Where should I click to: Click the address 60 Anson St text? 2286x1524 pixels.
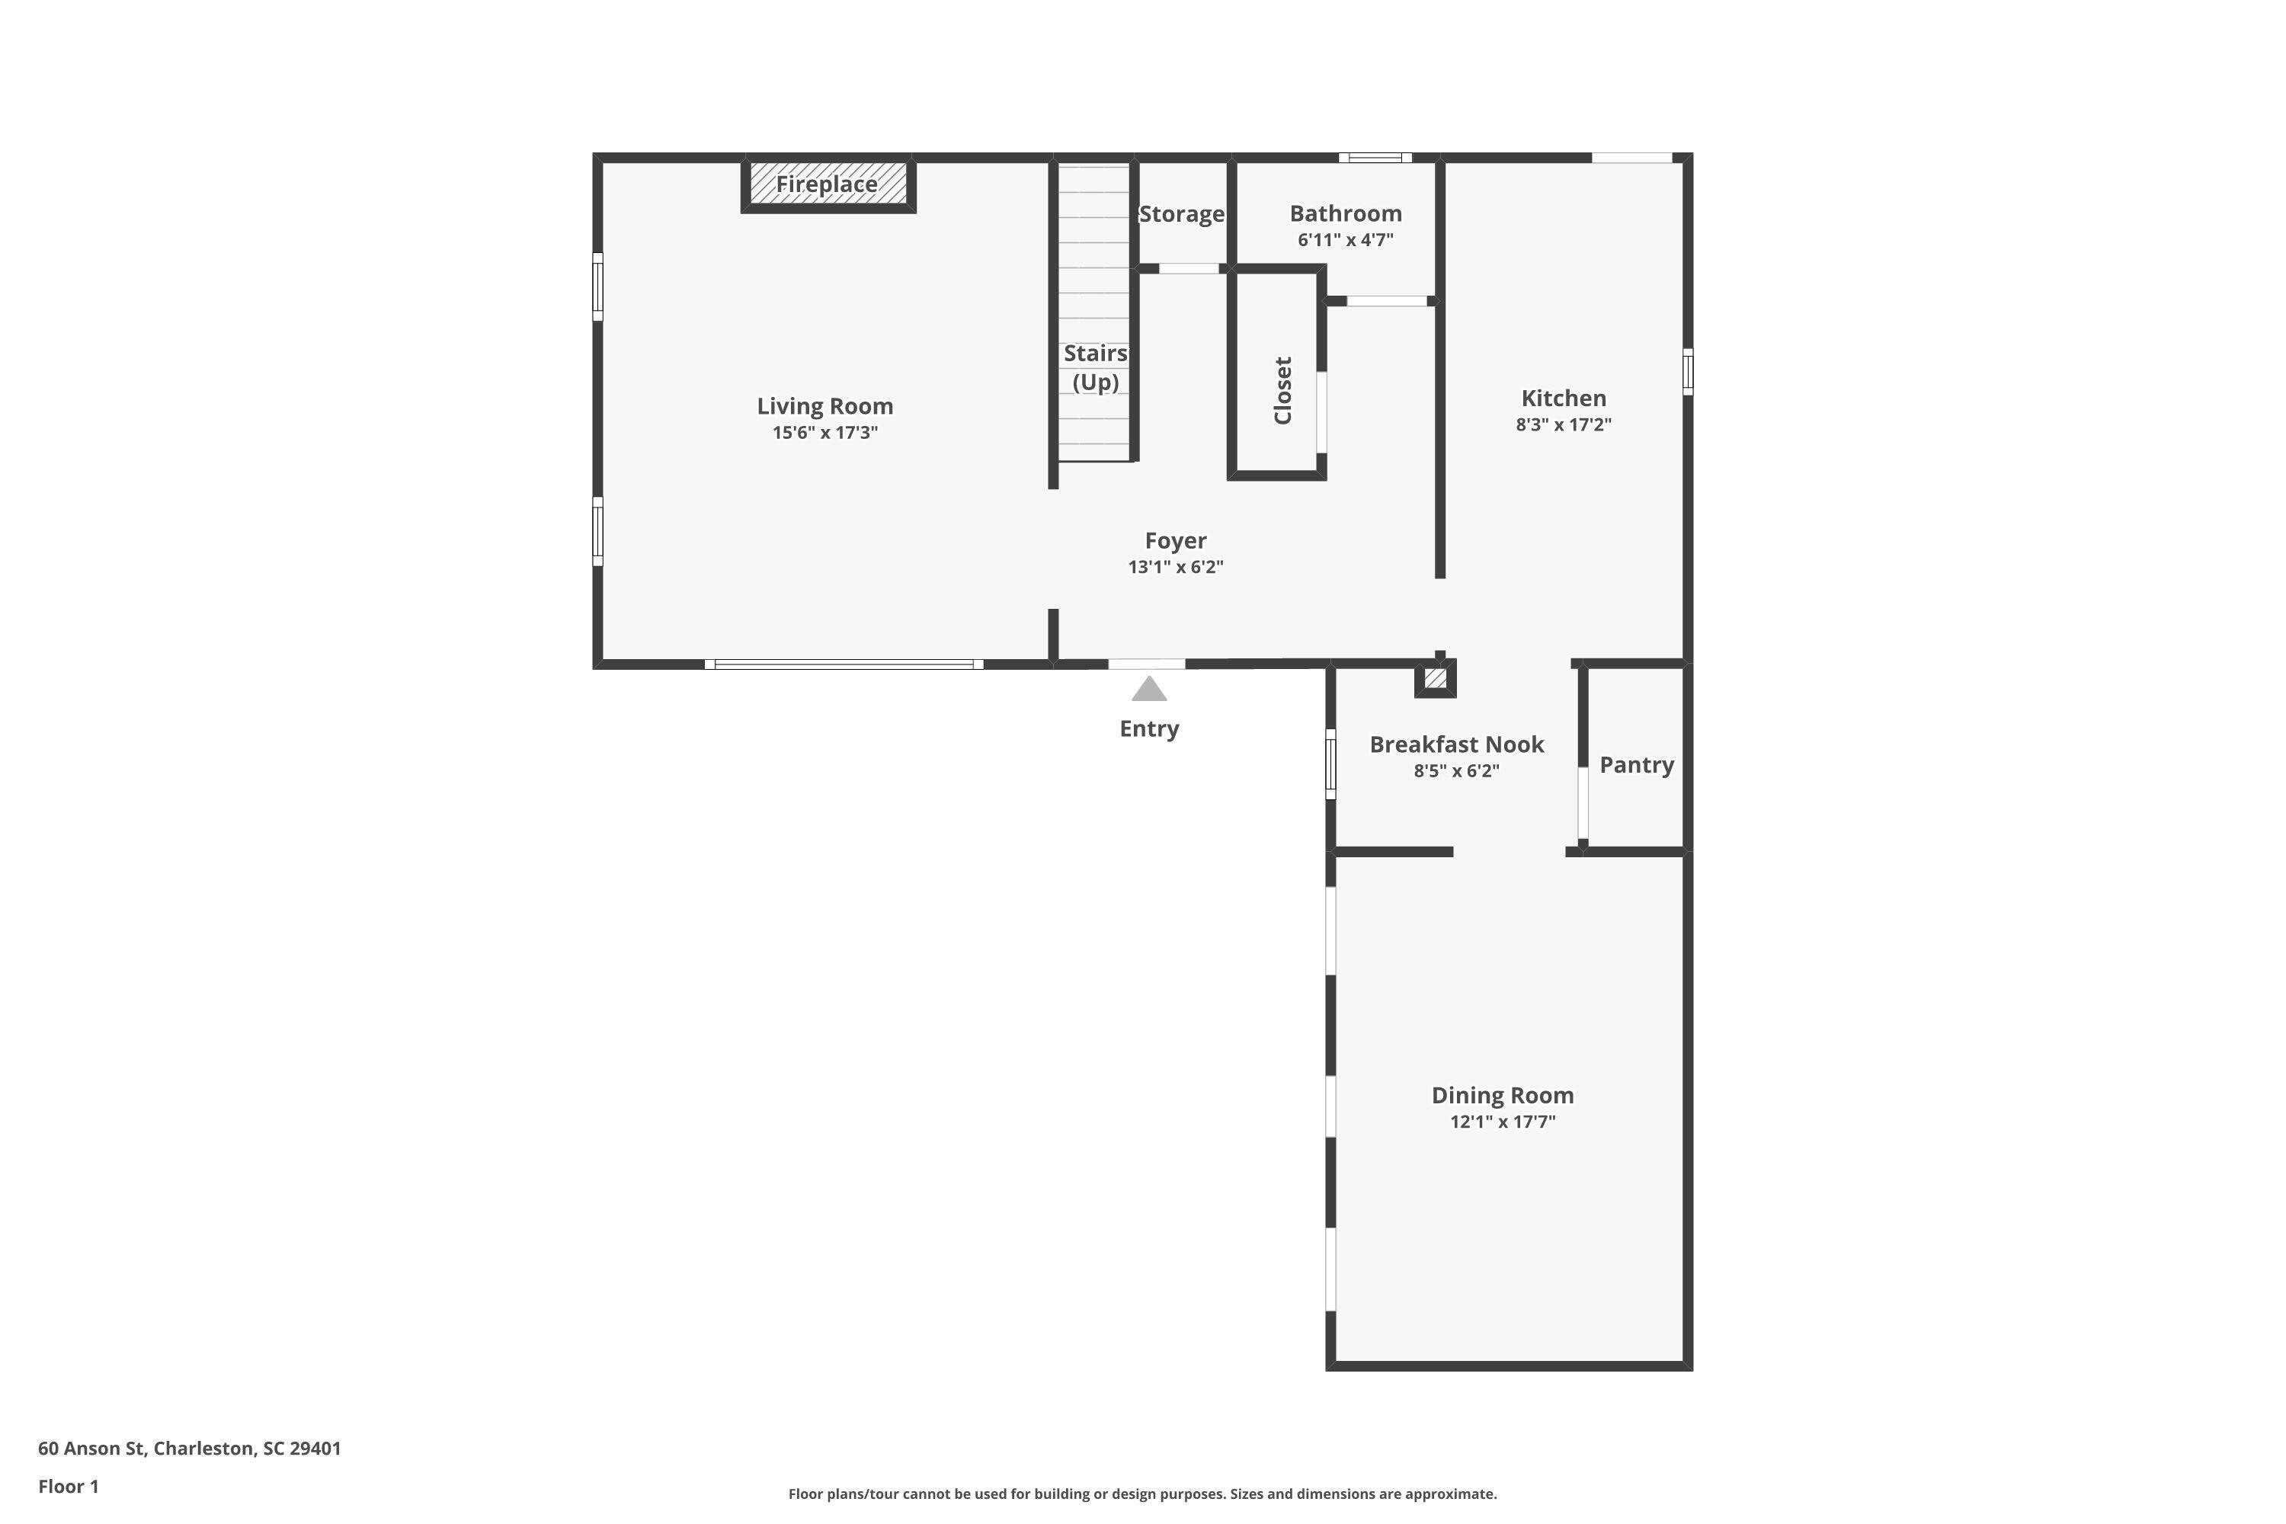[x=190, y=1449]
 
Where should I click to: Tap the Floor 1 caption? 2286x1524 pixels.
[x=68, y=1486]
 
